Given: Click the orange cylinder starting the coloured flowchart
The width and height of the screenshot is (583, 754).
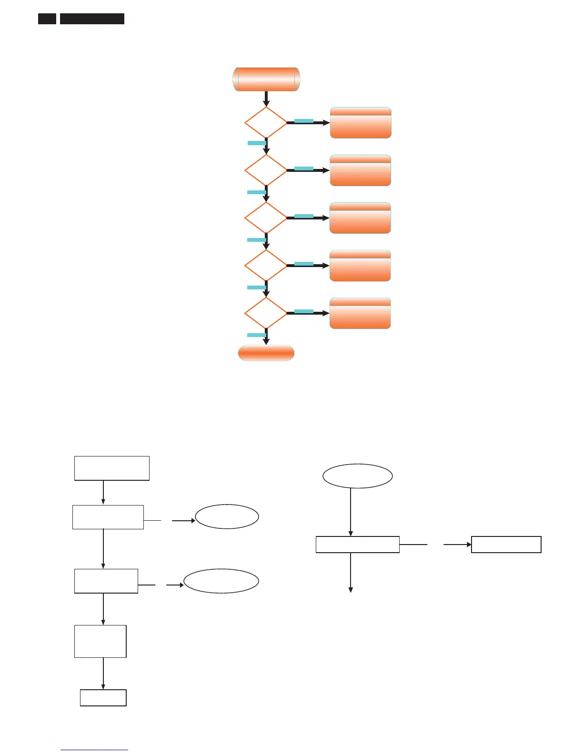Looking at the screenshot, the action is point(266,79).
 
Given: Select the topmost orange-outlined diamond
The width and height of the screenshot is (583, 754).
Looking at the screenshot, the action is point(266,122).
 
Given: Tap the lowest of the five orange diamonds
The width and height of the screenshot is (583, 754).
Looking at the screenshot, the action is point(266,313).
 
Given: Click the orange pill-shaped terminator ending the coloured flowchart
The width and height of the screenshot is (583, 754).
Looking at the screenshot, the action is point(266,353).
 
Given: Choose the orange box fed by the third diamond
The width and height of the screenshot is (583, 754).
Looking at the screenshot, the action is point(360,218).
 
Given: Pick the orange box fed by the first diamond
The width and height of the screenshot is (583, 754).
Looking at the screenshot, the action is point(361,123).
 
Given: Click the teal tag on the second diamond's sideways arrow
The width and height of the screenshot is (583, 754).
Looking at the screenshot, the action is point(304,169).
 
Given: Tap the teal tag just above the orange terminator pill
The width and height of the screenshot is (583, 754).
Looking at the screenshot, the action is point(256,335).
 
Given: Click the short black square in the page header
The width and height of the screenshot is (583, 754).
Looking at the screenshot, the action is point(47,19).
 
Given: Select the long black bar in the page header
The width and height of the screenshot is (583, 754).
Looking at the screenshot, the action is point(92,19).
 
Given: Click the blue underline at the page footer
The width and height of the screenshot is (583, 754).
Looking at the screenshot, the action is point(94,750).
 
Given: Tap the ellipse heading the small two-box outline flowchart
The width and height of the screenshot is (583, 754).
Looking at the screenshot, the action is point(357,476).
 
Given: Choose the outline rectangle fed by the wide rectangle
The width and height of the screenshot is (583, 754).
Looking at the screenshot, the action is point(506,545).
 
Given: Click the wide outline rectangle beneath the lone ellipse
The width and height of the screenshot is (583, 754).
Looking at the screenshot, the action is point(357,545).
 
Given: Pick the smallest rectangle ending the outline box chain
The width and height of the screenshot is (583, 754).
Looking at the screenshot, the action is point(103,698).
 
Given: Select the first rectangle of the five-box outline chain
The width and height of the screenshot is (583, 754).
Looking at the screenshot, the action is point(112,468).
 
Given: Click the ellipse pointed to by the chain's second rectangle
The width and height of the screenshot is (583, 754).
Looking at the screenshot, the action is point(227,516).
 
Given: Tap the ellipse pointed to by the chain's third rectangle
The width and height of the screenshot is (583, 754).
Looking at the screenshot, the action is point(221,581).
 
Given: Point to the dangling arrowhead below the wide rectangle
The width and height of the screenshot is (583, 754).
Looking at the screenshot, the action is point(351,590).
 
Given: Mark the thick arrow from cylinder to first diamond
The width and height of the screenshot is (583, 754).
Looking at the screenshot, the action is point(266,99).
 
